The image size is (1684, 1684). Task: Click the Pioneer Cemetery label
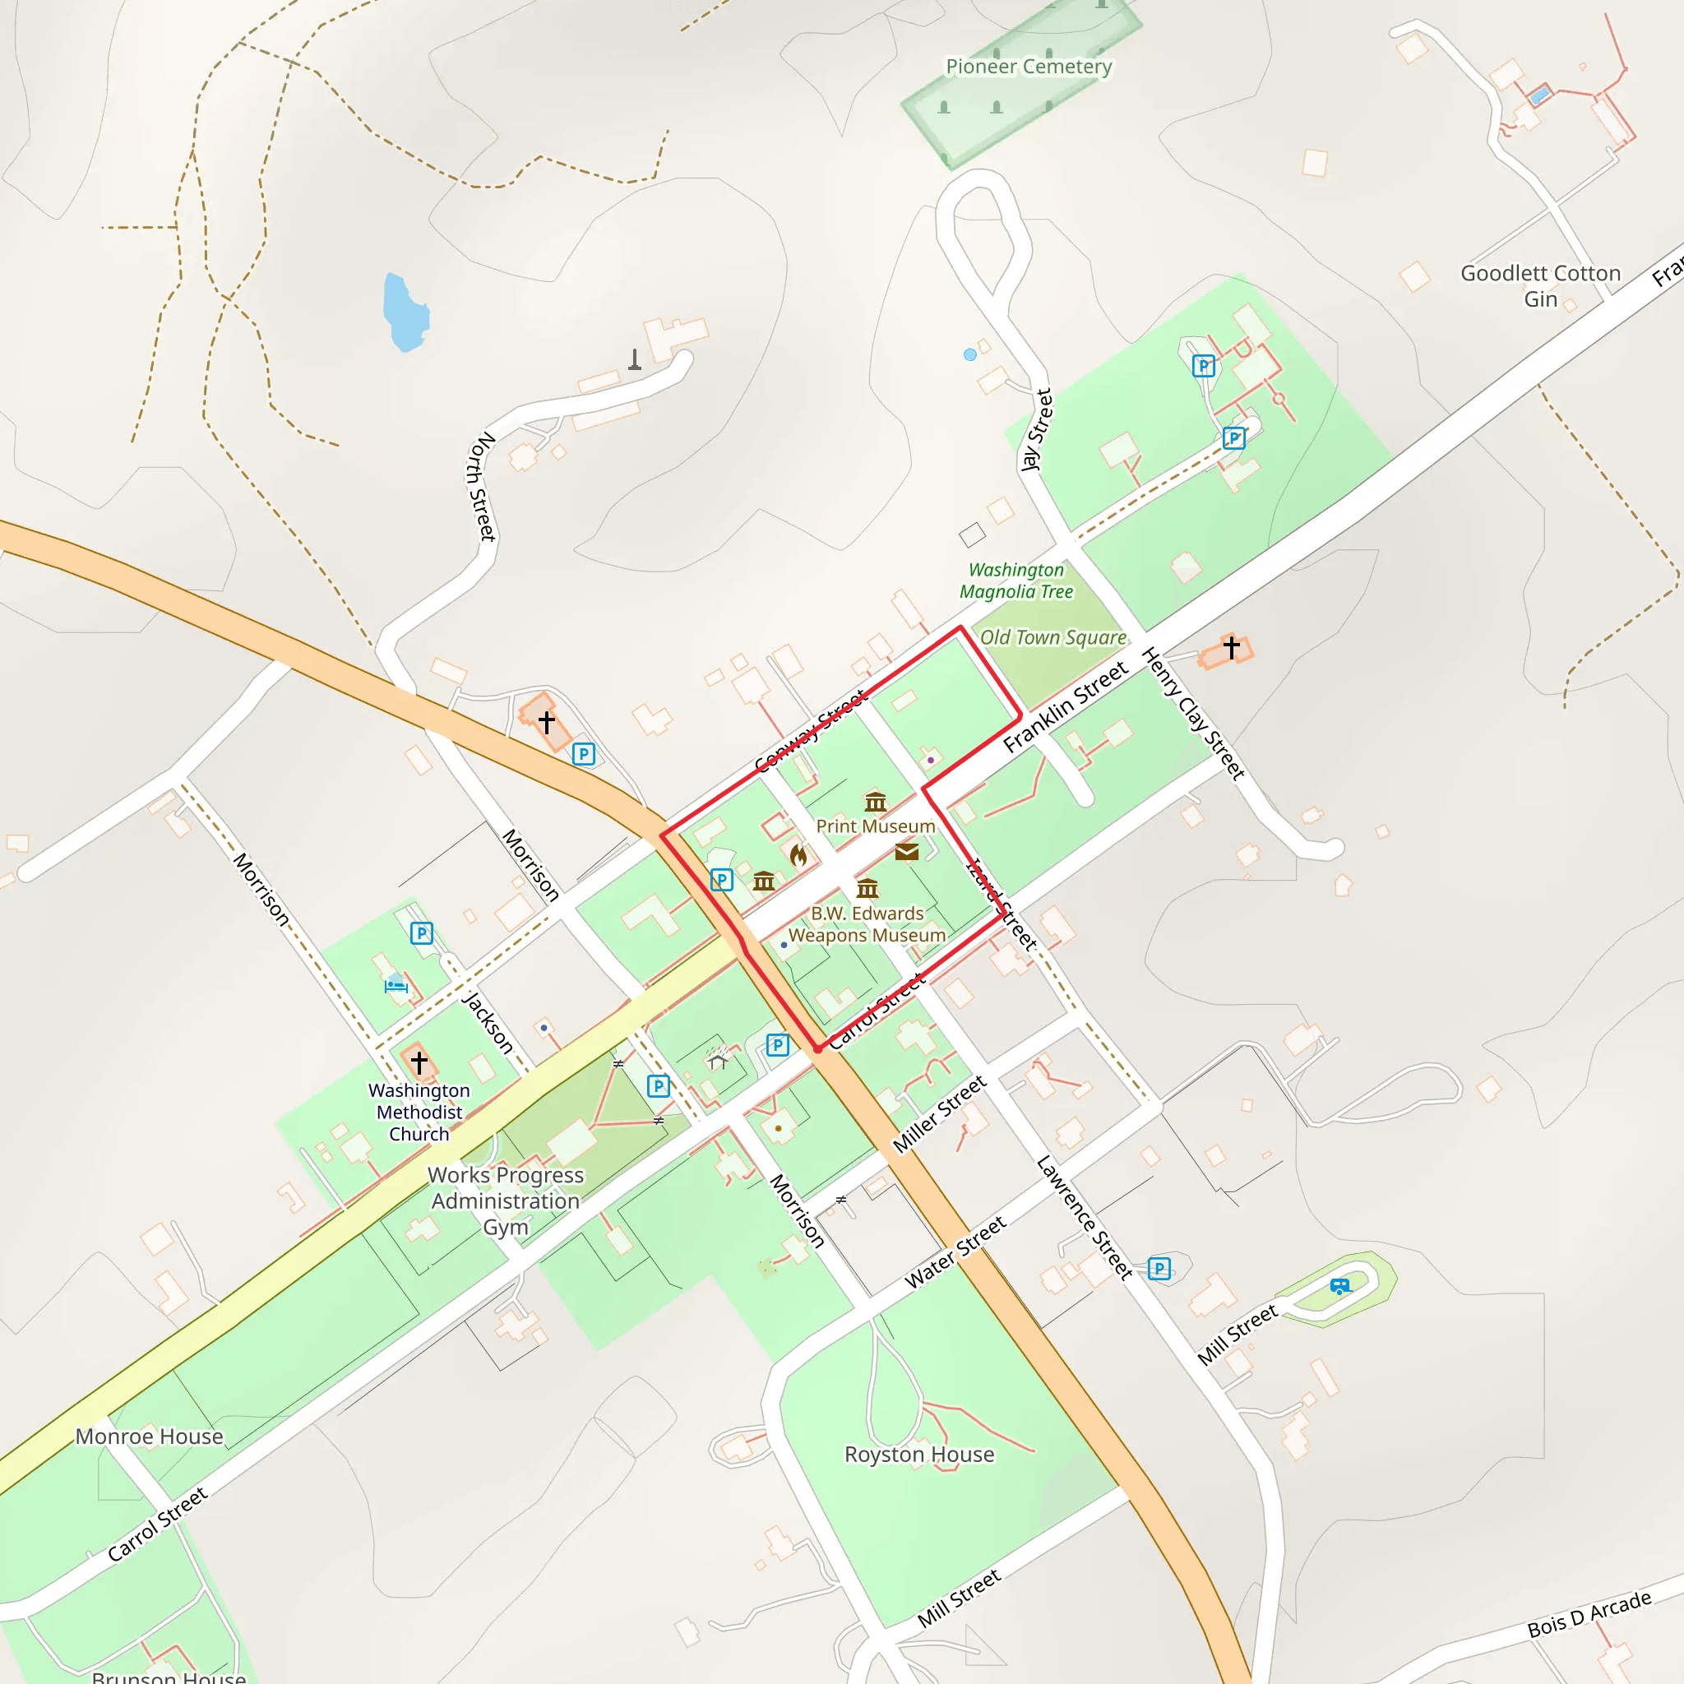1029,67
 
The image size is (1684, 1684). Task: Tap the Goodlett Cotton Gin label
1540,286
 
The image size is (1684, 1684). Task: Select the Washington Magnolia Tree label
1016,581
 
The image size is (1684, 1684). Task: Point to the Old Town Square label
1053,638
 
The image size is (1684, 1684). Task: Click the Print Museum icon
875,801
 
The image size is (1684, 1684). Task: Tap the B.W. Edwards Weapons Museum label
867,924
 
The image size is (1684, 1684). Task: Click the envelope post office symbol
906,852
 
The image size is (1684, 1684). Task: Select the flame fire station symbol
798,855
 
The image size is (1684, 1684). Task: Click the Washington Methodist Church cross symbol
419,1062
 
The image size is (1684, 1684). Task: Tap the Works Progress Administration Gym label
506,1201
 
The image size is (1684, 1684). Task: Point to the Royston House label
919,1454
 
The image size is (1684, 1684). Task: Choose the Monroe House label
149,1436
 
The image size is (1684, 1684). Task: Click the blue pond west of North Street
405,311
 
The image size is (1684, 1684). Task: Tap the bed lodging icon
396,986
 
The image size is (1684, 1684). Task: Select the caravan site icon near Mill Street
1339,1286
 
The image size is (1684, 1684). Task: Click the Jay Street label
1037,430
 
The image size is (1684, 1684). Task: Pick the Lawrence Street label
1085,1217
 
